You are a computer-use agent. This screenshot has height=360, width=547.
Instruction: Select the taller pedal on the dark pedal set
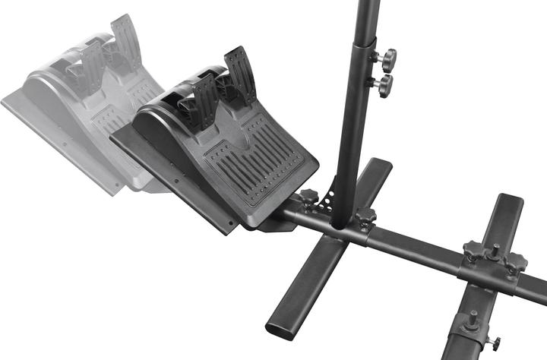pos(240,75)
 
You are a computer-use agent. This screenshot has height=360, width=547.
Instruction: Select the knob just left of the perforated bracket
pos(308,200)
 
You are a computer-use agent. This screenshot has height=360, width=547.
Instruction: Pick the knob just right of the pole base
pos(365,219)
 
